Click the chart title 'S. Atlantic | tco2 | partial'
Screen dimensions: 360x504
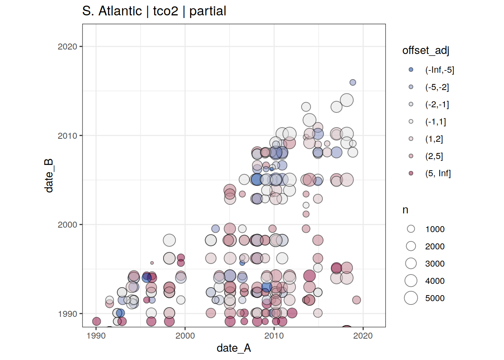pos(154,11)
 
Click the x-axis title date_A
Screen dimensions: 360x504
pos(234,348)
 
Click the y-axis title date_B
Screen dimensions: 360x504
pos(49,175)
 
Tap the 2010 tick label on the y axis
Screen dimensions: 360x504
pos(67,136)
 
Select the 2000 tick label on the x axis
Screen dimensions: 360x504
pos(185,336)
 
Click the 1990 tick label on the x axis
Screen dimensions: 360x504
pos(96,336)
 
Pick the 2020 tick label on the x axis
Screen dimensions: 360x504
pos(363,336)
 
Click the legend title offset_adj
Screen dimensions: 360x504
pos(426,50)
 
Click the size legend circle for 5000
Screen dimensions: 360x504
pos(411,298)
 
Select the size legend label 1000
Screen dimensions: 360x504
pos(435,229)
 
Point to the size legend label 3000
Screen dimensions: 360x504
pos(435,264)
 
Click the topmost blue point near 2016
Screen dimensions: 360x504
pos(353,82)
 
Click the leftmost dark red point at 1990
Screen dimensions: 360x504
pos(96,321)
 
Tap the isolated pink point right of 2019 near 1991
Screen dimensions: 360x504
pos(357,300)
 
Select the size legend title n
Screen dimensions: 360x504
pos(405,210)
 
